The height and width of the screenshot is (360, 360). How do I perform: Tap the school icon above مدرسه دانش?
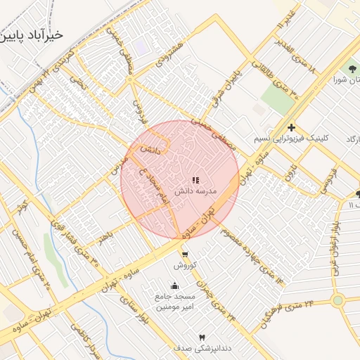(x=195, y=181)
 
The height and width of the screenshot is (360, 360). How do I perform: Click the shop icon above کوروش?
(x=184, y=255)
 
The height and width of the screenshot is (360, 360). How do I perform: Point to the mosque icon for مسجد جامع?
(x=174, y=286)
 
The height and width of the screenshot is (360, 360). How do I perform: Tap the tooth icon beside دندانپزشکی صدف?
(x=203, y=337)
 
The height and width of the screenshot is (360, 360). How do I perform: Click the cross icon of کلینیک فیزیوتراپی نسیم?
(x=291, y=127)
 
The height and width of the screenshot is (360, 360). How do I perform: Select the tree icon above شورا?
(x=352, y=68)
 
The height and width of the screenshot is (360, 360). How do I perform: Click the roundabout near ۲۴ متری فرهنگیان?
(x=337, y=301)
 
